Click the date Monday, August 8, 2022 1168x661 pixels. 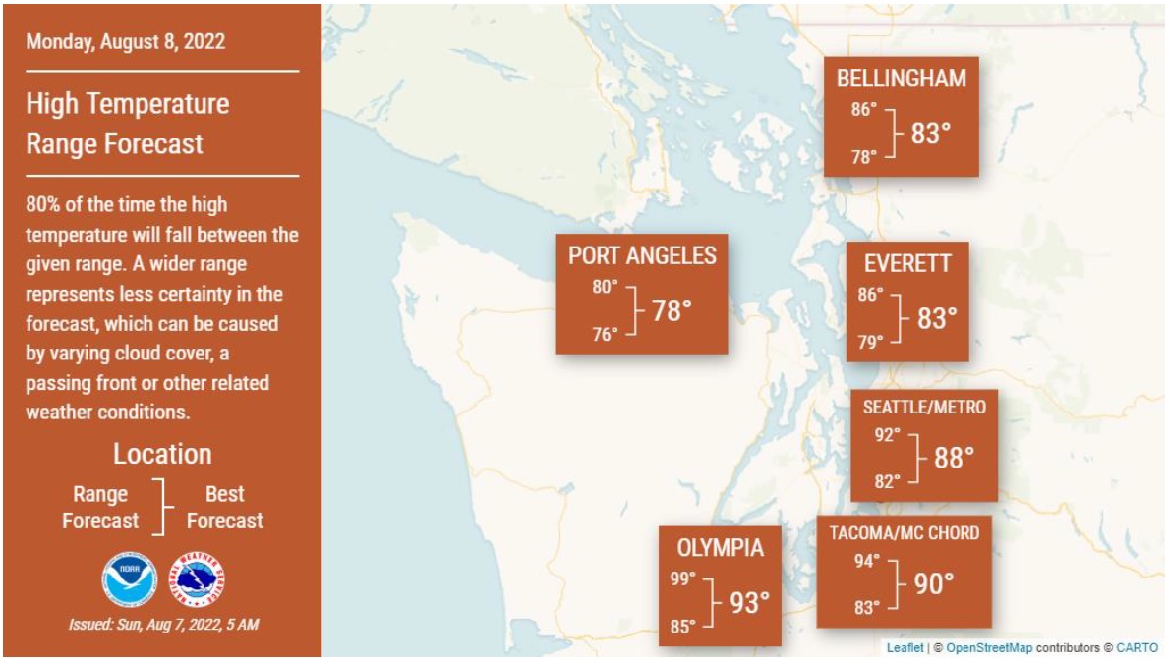pos(125,42)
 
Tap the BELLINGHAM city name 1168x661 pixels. pos(901,79)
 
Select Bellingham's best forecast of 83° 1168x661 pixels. pos(930,134)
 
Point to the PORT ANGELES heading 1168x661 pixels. pos(642,256)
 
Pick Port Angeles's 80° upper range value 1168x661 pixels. pos(606,288)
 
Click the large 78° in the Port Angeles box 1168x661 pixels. pos(672,311)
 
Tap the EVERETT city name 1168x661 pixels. pos(907,263)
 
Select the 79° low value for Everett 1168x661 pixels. pos(871,342)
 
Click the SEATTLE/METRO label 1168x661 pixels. pos(923,407)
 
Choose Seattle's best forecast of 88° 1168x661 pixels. pos(953,458)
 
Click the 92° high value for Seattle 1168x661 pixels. pos(887,434)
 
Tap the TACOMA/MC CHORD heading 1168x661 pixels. pos(904,533)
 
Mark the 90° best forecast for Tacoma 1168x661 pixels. pos(933,584)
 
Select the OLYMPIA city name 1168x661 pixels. pos(720,548)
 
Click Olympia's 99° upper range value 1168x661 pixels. pos(683,579)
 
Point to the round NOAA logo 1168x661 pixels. pos(129,578)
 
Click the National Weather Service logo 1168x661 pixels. pos(197,578)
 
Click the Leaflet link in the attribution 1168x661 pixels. pos(905,647)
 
